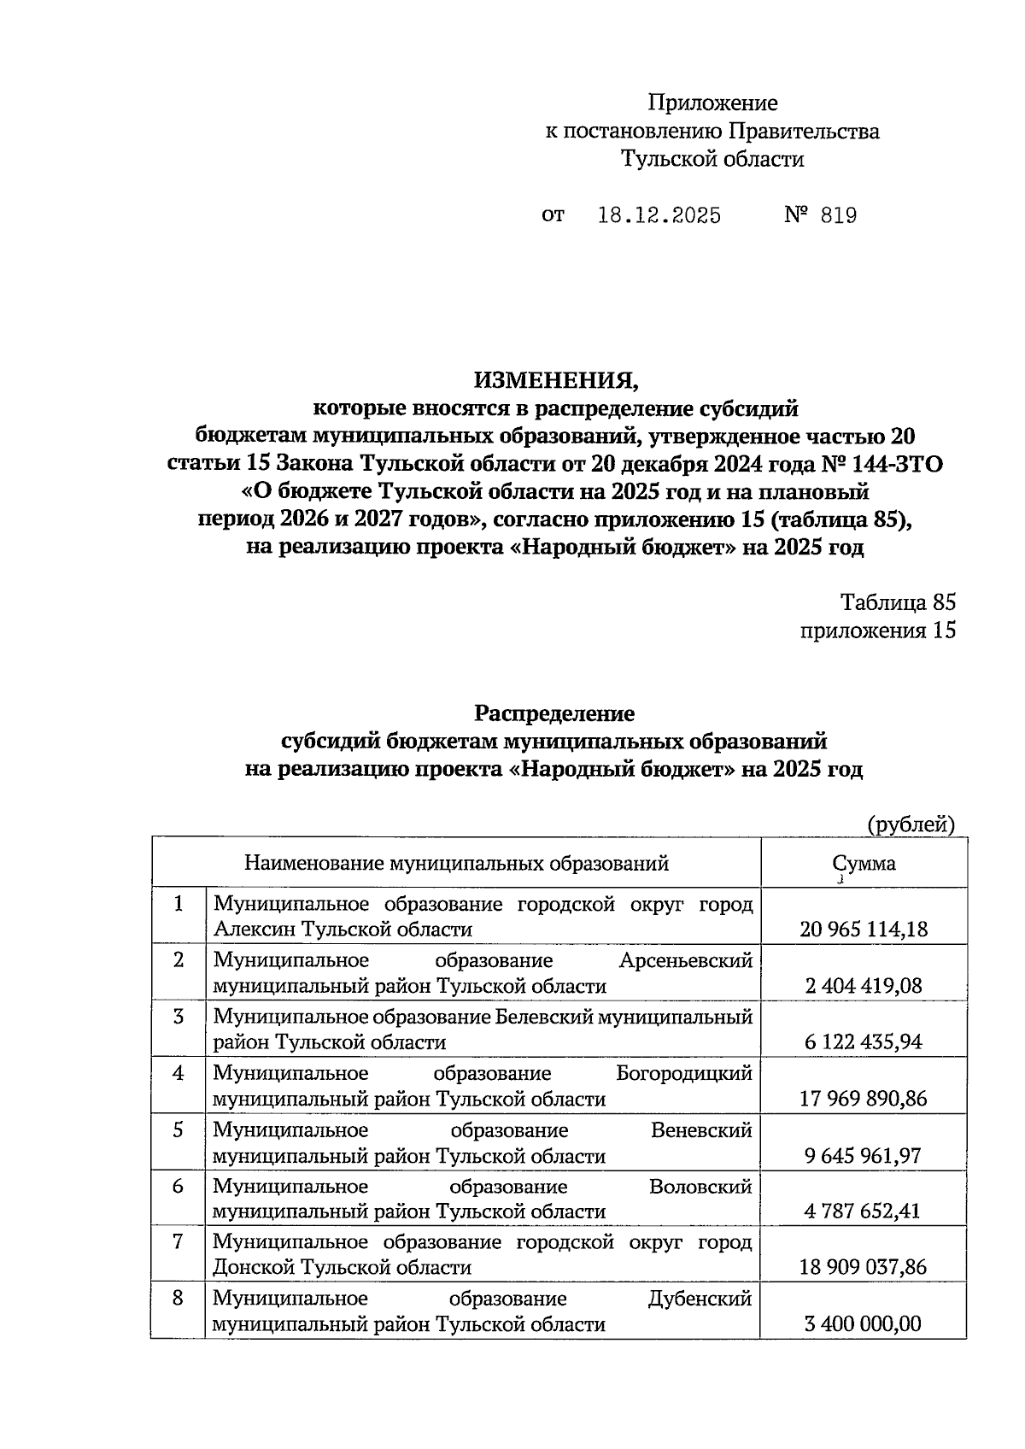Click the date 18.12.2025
(659, 215)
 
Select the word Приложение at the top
(712, 103)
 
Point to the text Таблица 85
(898, 602)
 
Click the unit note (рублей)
(911, 824)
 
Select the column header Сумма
(864, 863)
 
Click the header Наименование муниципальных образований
(456, 863)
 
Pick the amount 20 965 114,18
(864, 929)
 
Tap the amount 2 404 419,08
(864, 986)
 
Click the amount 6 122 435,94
(864, 1041)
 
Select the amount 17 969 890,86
(864, 1098)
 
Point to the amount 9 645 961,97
(864, 1155)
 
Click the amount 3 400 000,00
(864, 1324)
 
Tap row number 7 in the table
(178, 1241)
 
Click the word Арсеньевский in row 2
(685, 960)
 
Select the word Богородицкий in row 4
(684, 1073)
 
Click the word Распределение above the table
(554, 713)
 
